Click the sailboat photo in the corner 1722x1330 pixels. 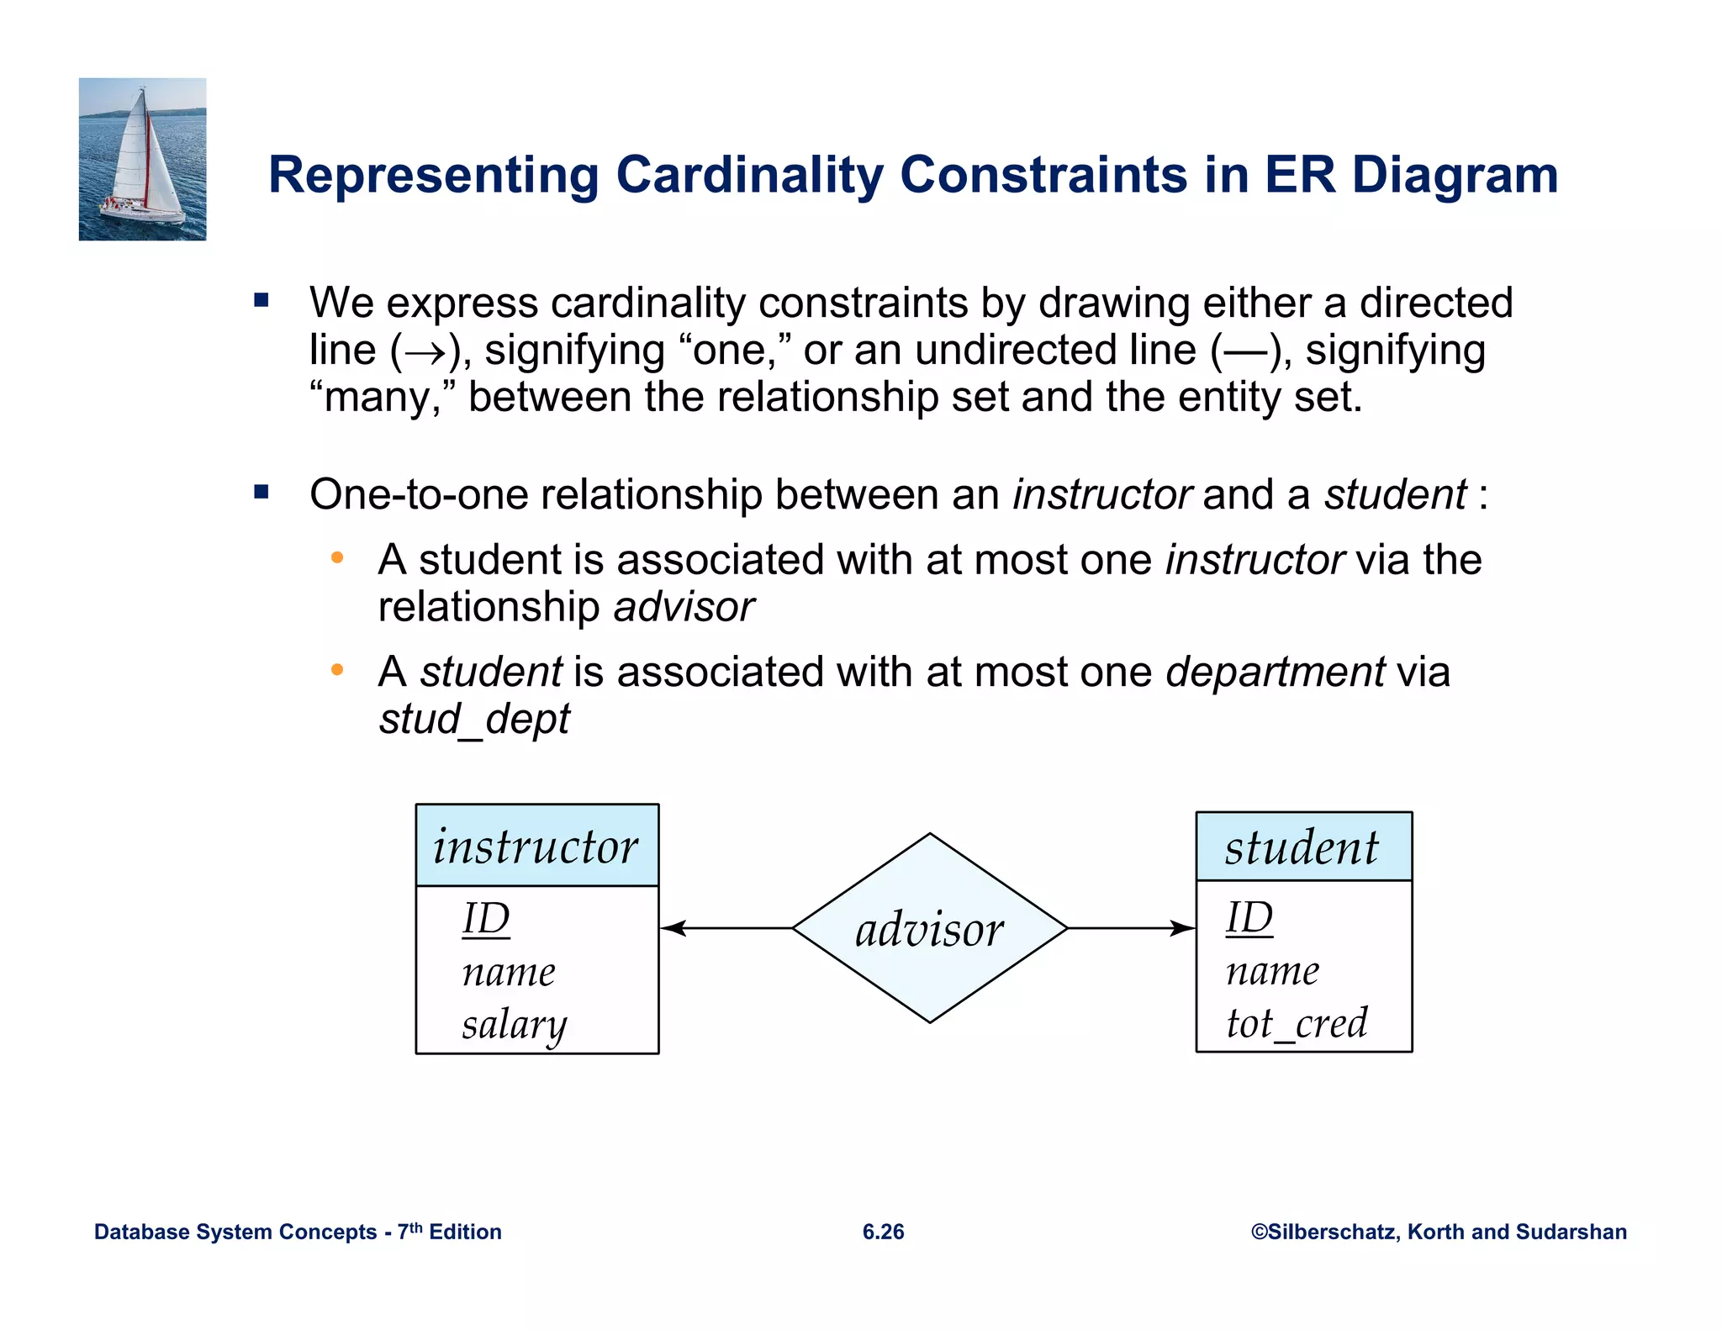tap(142, 159)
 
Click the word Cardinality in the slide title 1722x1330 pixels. tap(749, 176)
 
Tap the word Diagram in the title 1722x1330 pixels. tap(1455, 176)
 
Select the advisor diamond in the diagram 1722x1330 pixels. tap(929, 928)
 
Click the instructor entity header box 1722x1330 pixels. tap(536, 846)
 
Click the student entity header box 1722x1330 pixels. tap(1303, 847)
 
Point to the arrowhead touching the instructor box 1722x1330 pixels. tap(673, 928)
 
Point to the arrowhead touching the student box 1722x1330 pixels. tap(1183, 928)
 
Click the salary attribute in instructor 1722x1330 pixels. tap(514, 1025)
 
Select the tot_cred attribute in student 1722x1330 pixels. tap(1296, 1023)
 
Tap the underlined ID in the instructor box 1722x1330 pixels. tap(486, 918)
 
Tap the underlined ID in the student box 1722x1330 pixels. tap(1249, 917)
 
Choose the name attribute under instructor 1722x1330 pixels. tap(509, 973)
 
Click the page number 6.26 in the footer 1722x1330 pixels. tap(883, 1232)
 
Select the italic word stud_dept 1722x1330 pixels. tap(474, 719)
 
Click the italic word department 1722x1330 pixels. tap(1275, 672)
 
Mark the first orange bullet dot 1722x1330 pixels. tap(337, 558)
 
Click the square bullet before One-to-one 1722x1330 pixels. tap(261, 493)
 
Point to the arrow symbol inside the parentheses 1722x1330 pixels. tap(425, 352)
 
